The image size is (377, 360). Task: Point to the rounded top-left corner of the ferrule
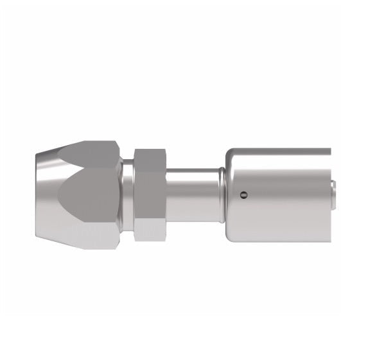click(230, 153)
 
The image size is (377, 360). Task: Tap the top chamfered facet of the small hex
click(149, 156)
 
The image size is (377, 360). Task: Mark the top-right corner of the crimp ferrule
click(329, 150)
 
